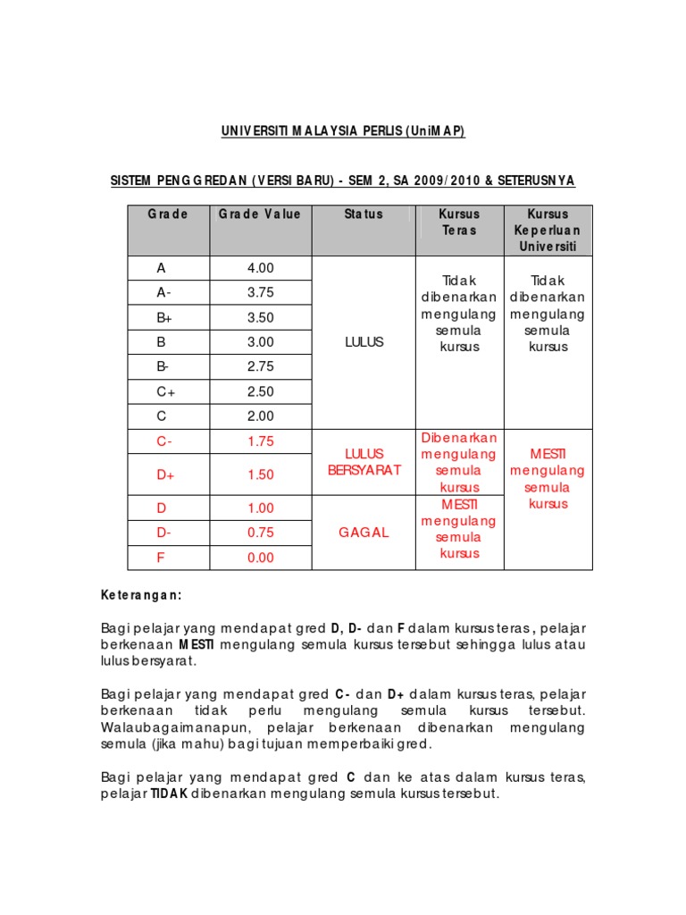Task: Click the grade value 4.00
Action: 261,268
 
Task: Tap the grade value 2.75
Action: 261,366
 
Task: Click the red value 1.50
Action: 261,474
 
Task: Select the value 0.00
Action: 261,558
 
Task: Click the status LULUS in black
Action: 364,342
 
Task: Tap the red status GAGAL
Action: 364,533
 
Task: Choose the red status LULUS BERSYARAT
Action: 364,462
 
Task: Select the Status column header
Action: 364,214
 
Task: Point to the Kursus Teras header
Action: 459,222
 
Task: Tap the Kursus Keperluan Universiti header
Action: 548,230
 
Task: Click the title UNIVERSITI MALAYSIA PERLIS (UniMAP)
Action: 344,132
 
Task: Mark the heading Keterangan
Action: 141,595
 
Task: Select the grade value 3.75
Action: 261,292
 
